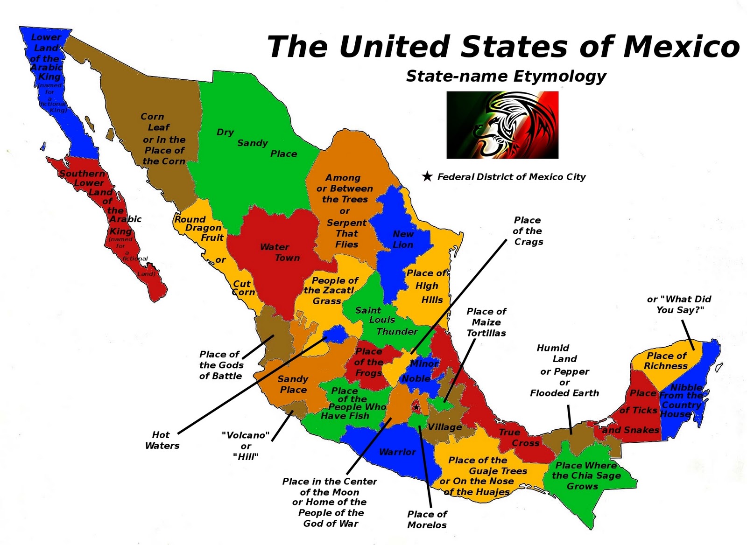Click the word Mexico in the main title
click(x=681, y=47)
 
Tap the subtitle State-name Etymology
click(x=506, y=76)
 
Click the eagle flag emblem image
click(x=502, y=125)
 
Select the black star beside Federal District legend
click(x=427, y=176)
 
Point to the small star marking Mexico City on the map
click(x=416, y=407)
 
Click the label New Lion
click(x=403, y=239)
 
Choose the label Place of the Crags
click(x=528, y=231)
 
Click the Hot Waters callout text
click(x=162, y=440)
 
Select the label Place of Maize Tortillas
click(x=486, y=322)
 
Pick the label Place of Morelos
click(x=427, y=519)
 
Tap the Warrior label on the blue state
click(x=397, y=452)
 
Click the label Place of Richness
click(x=666, y=361)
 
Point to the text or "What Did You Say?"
click(x=679, y=304)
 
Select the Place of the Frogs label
click(x=369, y=362)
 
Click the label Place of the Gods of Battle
click(x=221, y=365)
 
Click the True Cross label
click(x=519, y=438)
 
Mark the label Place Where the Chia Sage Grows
click(x=585, y=475)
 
